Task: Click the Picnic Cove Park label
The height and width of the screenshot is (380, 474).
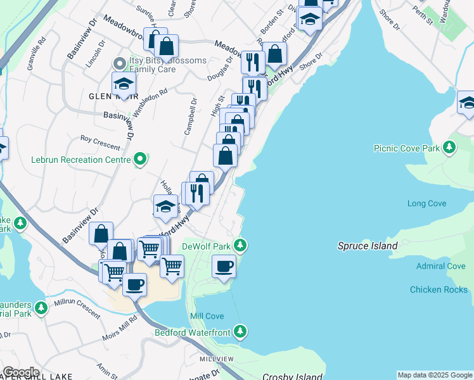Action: tap(406, 148)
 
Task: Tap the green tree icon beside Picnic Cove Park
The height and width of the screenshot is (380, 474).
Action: tap(449, 148)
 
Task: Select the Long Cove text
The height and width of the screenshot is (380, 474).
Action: tap(426, 203)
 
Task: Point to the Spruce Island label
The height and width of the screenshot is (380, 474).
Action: tap(368, 246)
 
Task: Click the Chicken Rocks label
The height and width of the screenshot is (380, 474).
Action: tap(439, 289)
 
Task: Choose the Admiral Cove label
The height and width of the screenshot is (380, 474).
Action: tap(440, 266)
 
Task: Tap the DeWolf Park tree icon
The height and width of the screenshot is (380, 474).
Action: tap(240, 245)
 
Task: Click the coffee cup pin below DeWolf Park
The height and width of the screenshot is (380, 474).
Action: tap(223, 266)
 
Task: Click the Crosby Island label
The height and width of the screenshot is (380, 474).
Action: tap(292, 376)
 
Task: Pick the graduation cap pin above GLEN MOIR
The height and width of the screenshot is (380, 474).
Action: tap(124, 84)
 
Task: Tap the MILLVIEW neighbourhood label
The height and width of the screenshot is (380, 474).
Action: tap(216, 358)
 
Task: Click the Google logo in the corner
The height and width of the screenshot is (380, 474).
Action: tap(21, 372)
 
